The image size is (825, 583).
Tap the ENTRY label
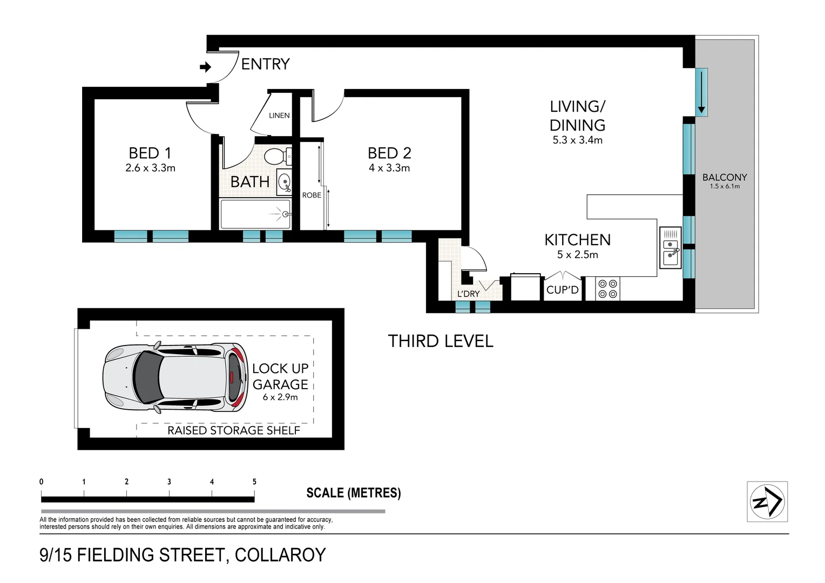265,64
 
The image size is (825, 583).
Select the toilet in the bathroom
278,157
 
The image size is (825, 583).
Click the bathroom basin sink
284,181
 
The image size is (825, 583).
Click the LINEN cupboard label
279,116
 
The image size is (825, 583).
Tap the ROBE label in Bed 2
312,195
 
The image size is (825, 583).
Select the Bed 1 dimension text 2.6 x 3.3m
150,168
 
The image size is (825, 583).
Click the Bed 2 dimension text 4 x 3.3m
389,168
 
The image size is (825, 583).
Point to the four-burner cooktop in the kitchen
608,288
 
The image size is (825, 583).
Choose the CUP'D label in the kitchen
562,290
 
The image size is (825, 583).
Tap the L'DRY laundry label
468,294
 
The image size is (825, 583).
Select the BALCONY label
725,177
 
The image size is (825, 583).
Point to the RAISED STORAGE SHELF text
233,430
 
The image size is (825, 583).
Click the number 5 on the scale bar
254,482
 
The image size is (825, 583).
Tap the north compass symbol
767,501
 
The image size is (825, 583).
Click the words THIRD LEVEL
441,341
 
